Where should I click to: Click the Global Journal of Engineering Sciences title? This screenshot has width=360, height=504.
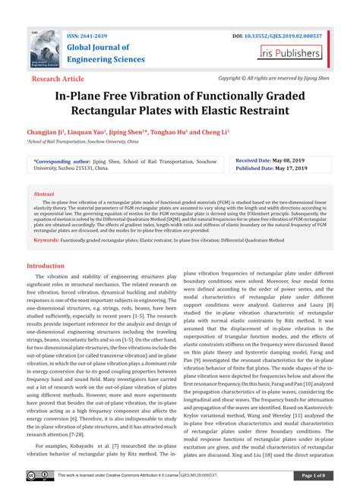click(x=111, y=55)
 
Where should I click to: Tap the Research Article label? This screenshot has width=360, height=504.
click(x=58, y=78)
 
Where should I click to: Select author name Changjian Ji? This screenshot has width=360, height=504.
click(x=54, y=131)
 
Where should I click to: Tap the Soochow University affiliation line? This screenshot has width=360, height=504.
click(x=84, y=141)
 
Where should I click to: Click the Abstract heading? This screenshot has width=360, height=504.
click(x=44, y=194)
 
